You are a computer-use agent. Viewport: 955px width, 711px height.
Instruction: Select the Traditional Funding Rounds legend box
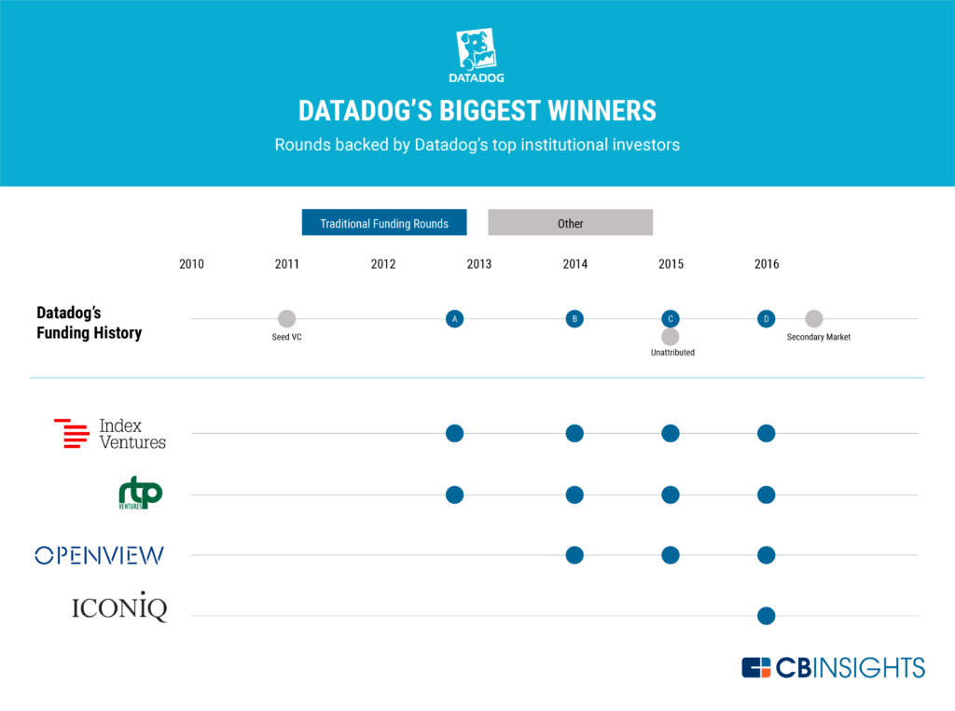click(x=384, y=222)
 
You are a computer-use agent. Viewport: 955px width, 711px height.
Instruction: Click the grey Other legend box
click(x=570, y=222)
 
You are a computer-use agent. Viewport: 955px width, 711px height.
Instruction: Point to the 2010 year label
click(x=191, y=264)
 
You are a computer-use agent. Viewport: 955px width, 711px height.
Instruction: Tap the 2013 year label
click(x=478, y=264)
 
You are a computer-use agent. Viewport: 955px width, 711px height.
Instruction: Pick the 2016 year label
click(x=767, y=264)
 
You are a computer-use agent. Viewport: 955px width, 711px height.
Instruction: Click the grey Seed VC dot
click(x=287, y=318)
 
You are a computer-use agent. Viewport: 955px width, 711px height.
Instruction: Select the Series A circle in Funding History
click(x=454, y=318)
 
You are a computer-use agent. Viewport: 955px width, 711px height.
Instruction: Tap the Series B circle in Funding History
click(x=574, y=318)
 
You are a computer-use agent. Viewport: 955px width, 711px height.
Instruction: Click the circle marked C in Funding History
click(x=670, y=318)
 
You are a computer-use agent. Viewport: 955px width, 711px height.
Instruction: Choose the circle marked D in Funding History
click(x=767, y=318)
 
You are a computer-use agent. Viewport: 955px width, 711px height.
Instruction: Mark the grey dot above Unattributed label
click(x=670, y=336)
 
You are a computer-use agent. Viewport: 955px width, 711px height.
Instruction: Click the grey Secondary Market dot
click(x=813, y=318)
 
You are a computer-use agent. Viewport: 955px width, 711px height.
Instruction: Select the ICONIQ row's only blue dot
click(x=767, y=616)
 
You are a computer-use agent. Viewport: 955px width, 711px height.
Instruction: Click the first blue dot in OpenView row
click(x=574, y=555)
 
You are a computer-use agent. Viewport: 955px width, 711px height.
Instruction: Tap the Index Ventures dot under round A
click(x=454, y=433)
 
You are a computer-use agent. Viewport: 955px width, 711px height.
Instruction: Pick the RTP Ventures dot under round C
click(x=670, y=495)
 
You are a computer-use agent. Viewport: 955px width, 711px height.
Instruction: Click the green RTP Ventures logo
click(x=140, y=493)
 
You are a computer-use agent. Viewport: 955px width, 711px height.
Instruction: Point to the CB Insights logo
click(x=833, y=668)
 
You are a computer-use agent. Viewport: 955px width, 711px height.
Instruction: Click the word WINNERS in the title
click(x=602, y=111)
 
